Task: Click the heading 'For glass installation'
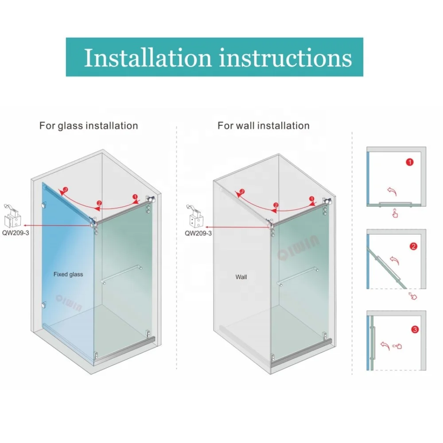[89, 126]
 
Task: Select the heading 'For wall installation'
[263, 126]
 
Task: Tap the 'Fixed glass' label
[68, 274]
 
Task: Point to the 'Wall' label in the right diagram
[241, 277]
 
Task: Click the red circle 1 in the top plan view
[409, 163]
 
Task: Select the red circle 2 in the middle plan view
[413, 247]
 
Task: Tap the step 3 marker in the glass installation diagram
[66, 190]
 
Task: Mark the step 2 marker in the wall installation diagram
[275, 205]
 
